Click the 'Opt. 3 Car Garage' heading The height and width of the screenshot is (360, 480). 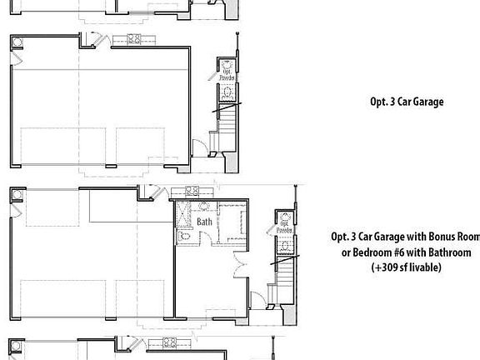[406, 102]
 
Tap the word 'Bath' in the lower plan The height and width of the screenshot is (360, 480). [204, 222]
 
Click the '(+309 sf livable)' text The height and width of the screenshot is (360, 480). [406, 267]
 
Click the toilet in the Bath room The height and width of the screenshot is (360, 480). [185, 237]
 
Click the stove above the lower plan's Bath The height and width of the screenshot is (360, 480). [191, 191]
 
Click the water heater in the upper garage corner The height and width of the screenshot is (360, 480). [16, 42]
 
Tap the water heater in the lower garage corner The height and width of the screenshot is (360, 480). [16, 195]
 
